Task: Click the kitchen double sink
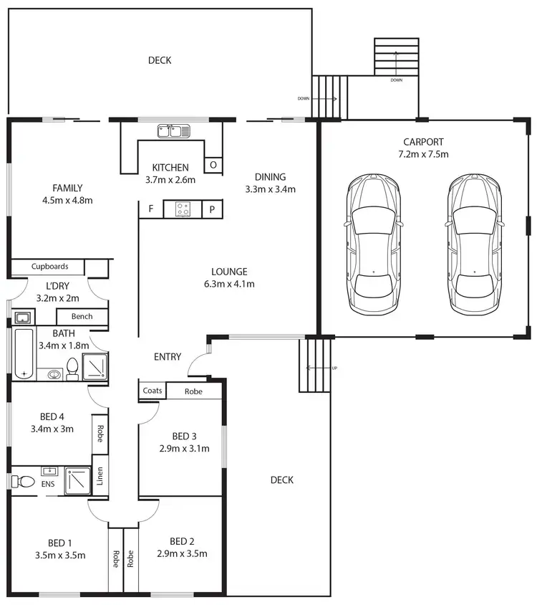[174, 131]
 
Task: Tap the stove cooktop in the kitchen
[182, 209]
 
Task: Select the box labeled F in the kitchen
[150, 209]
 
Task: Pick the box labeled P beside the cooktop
[213, 209]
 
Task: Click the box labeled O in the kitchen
[213, 165]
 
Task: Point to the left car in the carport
[373, 244]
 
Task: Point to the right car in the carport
[475, 244]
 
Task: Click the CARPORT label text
[423, 142]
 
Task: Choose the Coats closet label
[152, 391]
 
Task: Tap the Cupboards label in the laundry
[50, 267]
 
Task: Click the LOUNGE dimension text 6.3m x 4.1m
[229, 284]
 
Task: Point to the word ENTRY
[168, 357]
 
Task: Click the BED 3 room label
[184, 437]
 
